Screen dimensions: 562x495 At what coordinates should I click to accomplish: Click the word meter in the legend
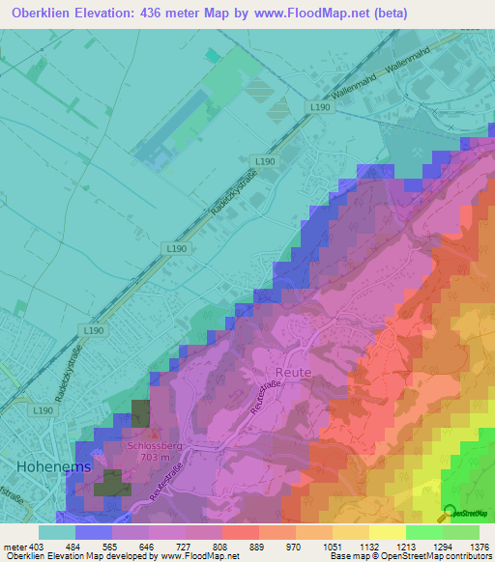(x=13, y=547)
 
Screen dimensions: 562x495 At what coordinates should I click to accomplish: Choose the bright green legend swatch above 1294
(x=423, y=532)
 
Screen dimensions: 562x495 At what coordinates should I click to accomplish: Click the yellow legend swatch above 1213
(x=387, y=532)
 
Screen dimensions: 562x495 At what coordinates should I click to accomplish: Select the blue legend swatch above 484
(x=94, y=532)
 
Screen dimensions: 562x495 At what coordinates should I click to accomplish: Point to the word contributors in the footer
(x=467, y=557)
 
